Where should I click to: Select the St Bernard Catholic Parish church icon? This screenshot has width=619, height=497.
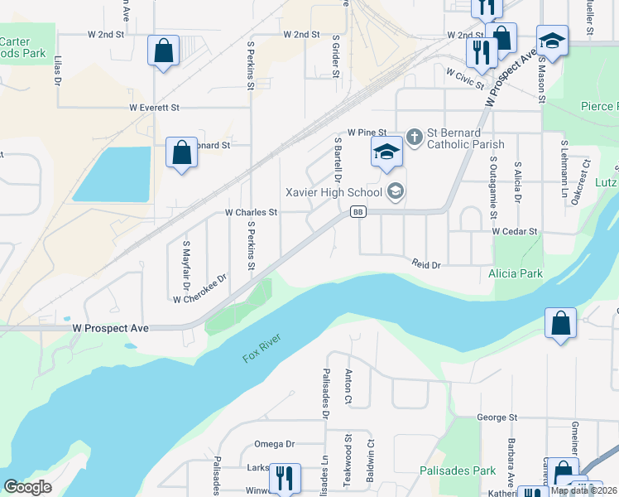pos(415,133)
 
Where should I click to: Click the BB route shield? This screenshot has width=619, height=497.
pos(357,212)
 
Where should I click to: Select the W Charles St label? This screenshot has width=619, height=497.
pos(251,212)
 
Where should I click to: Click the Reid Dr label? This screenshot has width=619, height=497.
pos(426,263)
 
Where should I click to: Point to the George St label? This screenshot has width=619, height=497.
pos(497,417)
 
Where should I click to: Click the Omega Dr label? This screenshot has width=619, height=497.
pos(274,443)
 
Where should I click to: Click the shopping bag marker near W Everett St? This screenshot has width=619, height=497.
pos(181,152)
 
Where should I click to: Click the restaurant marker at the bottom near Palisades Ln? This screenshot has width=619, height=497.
pos(285,478)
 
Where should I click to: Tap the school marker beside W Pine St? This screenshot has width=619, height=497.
pos(386,152)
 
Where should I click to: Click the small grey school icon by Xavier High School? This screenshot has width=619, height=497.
pos(396,192)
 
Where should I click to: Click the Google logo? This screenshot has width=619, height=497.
pos(27,486)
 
